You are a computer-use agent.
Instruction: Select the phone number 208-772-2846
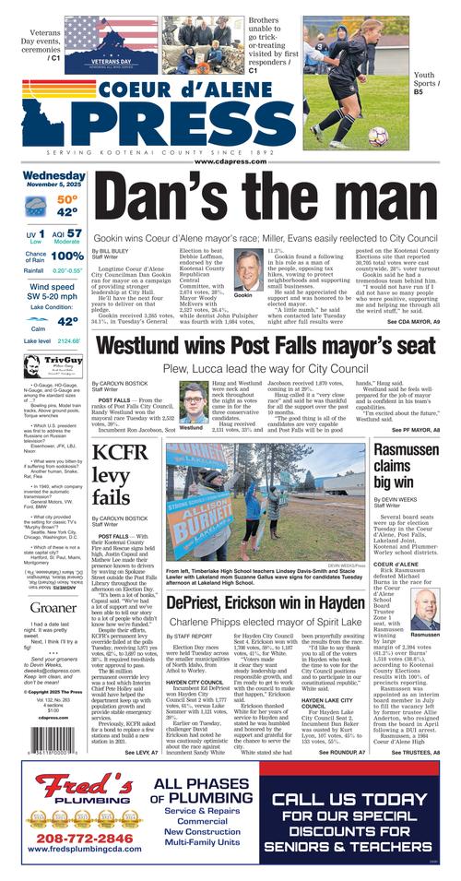click(70, 838)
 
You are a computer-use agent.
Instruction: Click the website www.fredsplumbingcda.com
click(70, 852)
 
